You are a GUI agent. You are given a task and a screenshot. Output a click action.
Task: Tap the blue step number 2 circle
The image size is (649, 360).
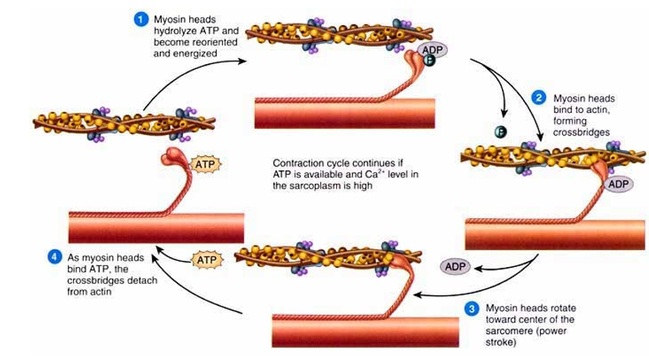538,98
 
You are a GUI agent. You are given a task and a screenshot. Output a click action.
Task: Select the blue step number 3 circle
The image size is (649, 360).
471,309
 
